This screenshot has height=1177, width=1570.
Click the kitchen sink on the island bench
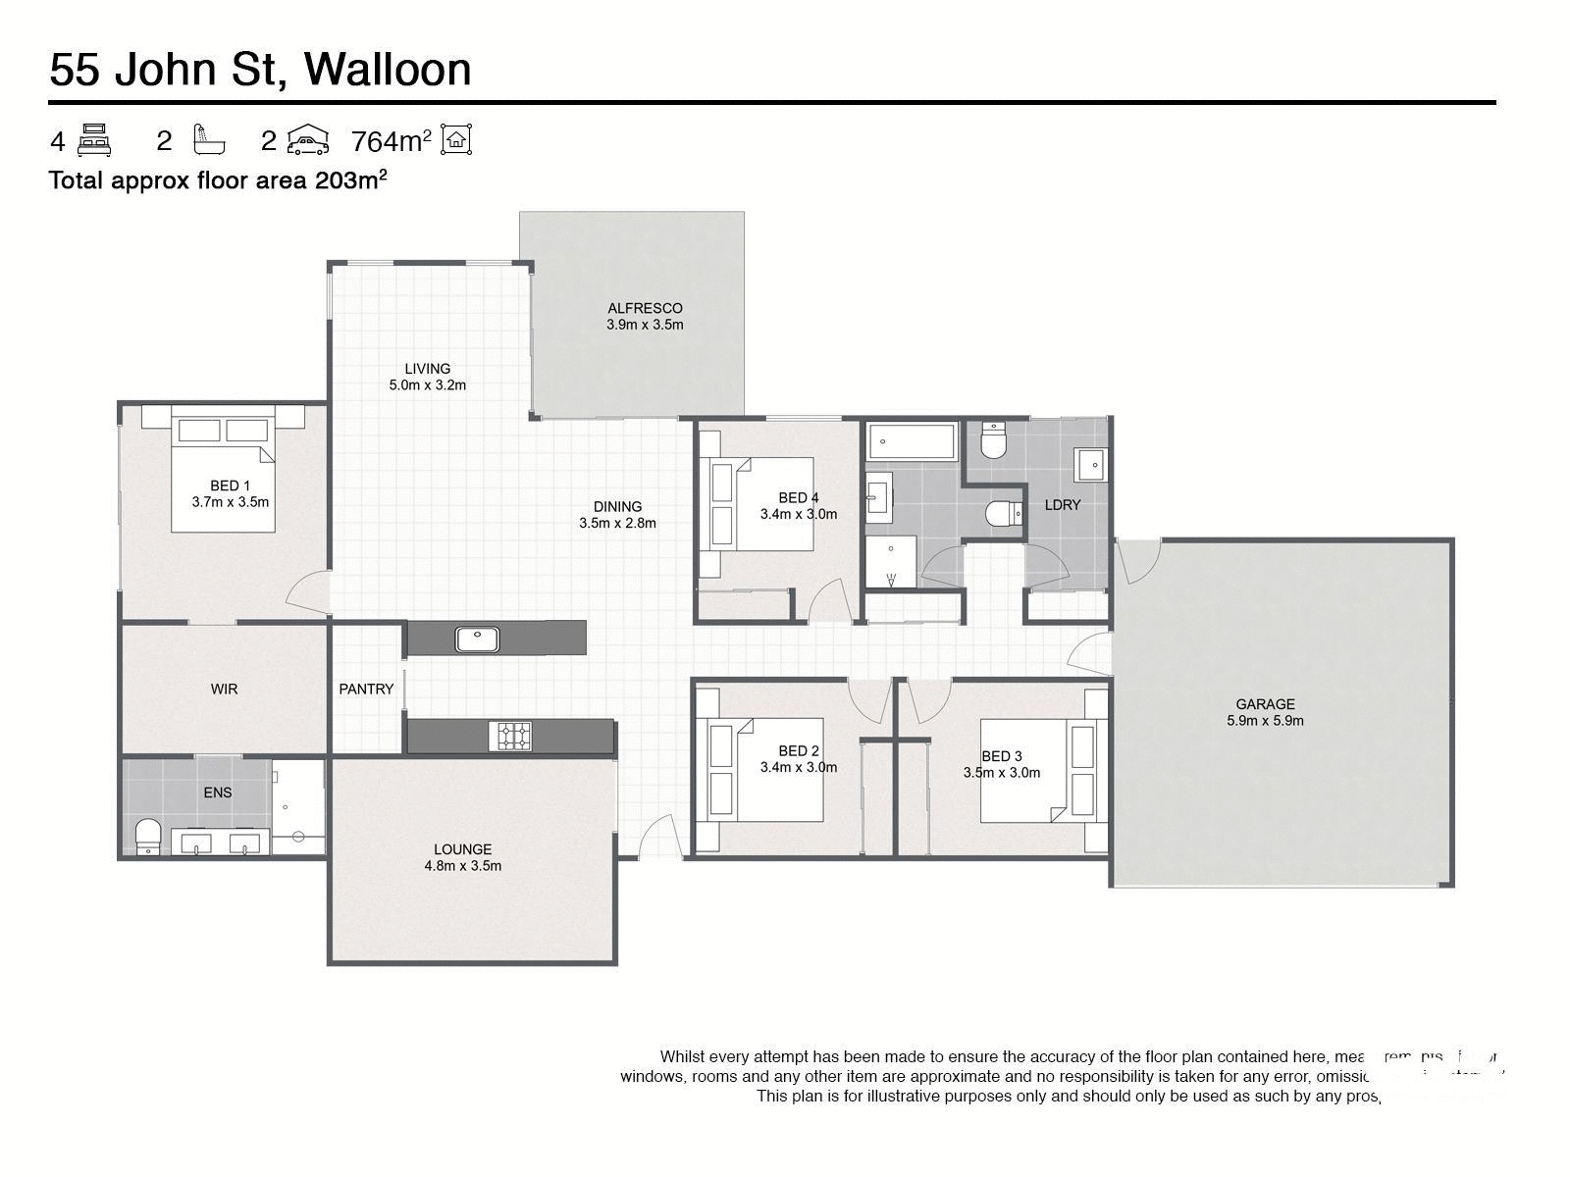(x=478, y=639)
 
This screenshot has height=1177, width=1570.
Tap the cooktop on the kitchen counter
(x=511, y=736)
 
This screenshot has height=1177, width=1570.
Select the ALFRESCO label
(x=645, y=308)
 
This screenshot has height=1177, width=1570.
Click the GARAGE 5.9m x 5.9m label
(x=1265, y=712)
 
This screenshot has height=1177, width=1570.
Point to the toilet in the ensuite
(x=148, y=837)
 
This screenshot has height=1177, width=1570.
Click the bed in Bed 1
(x=223, y=476)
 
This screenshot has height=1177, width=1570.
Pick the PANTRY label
(x=366, y=690)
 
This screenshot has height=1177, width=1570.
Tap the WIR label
(x=224, y=690)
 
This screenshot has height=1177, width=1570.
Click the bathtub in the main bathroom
(x=912, y=442)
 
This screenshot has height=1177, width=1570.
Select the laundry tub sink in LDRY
(x=1090, y=464)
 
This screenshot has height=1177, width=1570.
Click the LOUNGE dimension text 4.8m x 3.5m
(x=462, y=866)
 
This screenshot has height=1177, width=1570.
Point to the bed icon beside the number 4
(x=94, y=140)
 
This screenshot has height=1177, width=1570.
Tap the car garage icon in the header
(x=307, y=140)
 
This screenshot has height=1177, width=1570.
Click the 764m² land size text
(x=391, y=142)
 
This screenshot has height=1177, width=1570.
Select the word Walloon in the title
(x=388, y=69)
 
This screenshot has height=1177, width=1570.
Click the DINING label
(x=617, y=507)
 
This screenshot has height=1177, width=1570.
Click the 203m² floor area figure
(x=350, y=180)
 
